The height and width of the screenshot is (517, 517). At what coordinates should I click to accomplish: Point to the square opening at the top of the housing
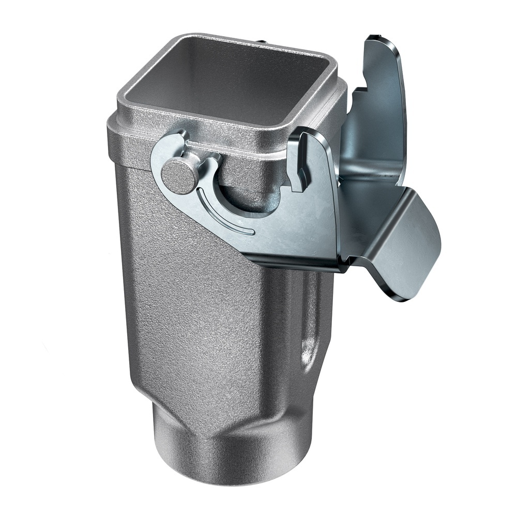click(227, 83)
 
